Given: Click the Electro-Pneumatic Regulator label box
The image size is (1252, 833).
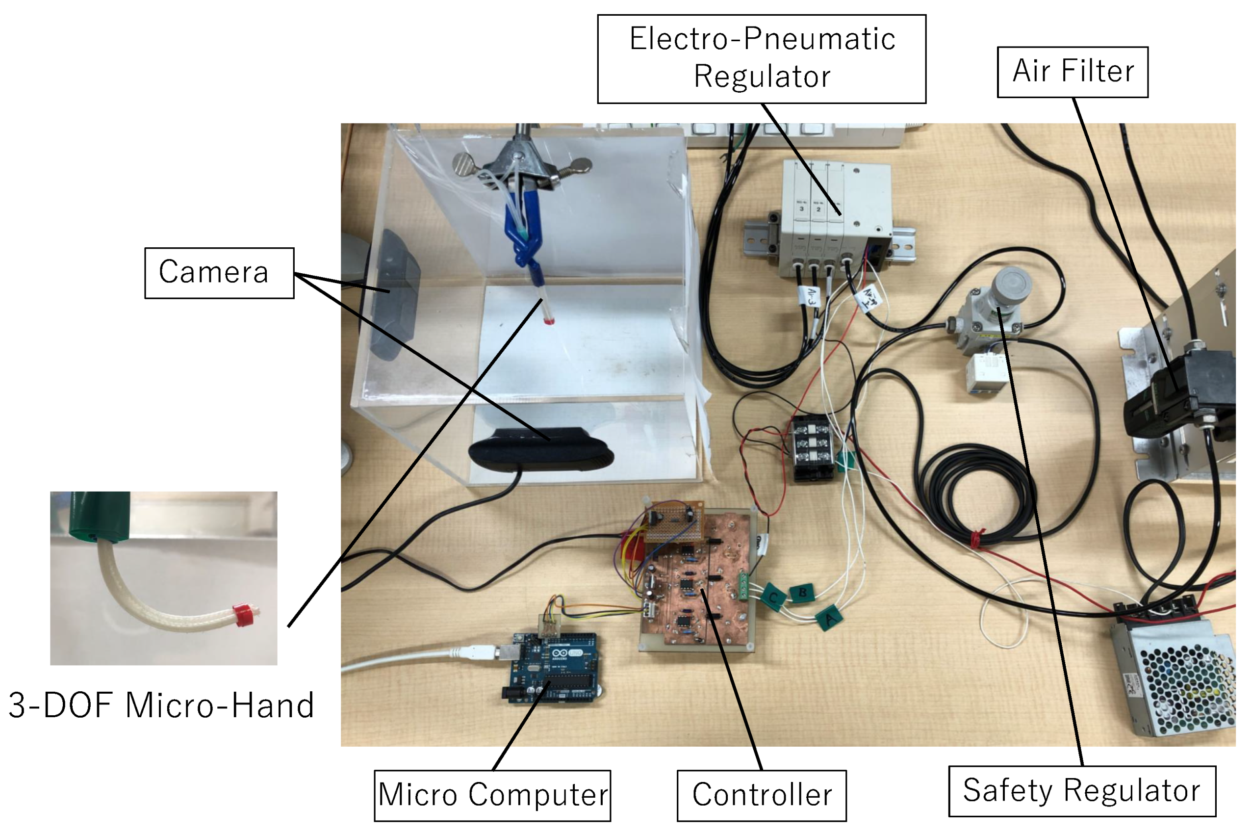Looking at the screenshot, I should click(762, 58).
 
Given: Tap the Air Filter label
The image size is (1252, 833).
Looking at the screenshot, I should click(1072, 72).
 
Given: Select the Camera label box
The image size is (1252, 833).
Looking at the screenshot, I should click(219, 273).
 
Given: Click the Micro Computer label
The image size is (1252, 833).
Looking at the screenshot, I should click(492, 795).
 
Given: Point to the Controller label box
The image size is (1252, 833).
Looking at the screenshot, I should click(762, 795).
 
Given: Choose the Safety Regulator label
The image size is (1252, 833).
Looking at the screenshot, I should click(1081, 791).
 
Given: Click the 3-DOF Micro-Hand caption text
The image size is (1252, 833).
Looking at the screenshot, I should click(161, 705).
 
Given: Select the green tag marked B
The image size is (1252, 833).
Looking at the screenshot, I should click(802, 592).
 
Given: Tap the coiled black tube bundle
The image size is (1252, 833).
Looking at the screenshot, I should click(977, 494).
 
